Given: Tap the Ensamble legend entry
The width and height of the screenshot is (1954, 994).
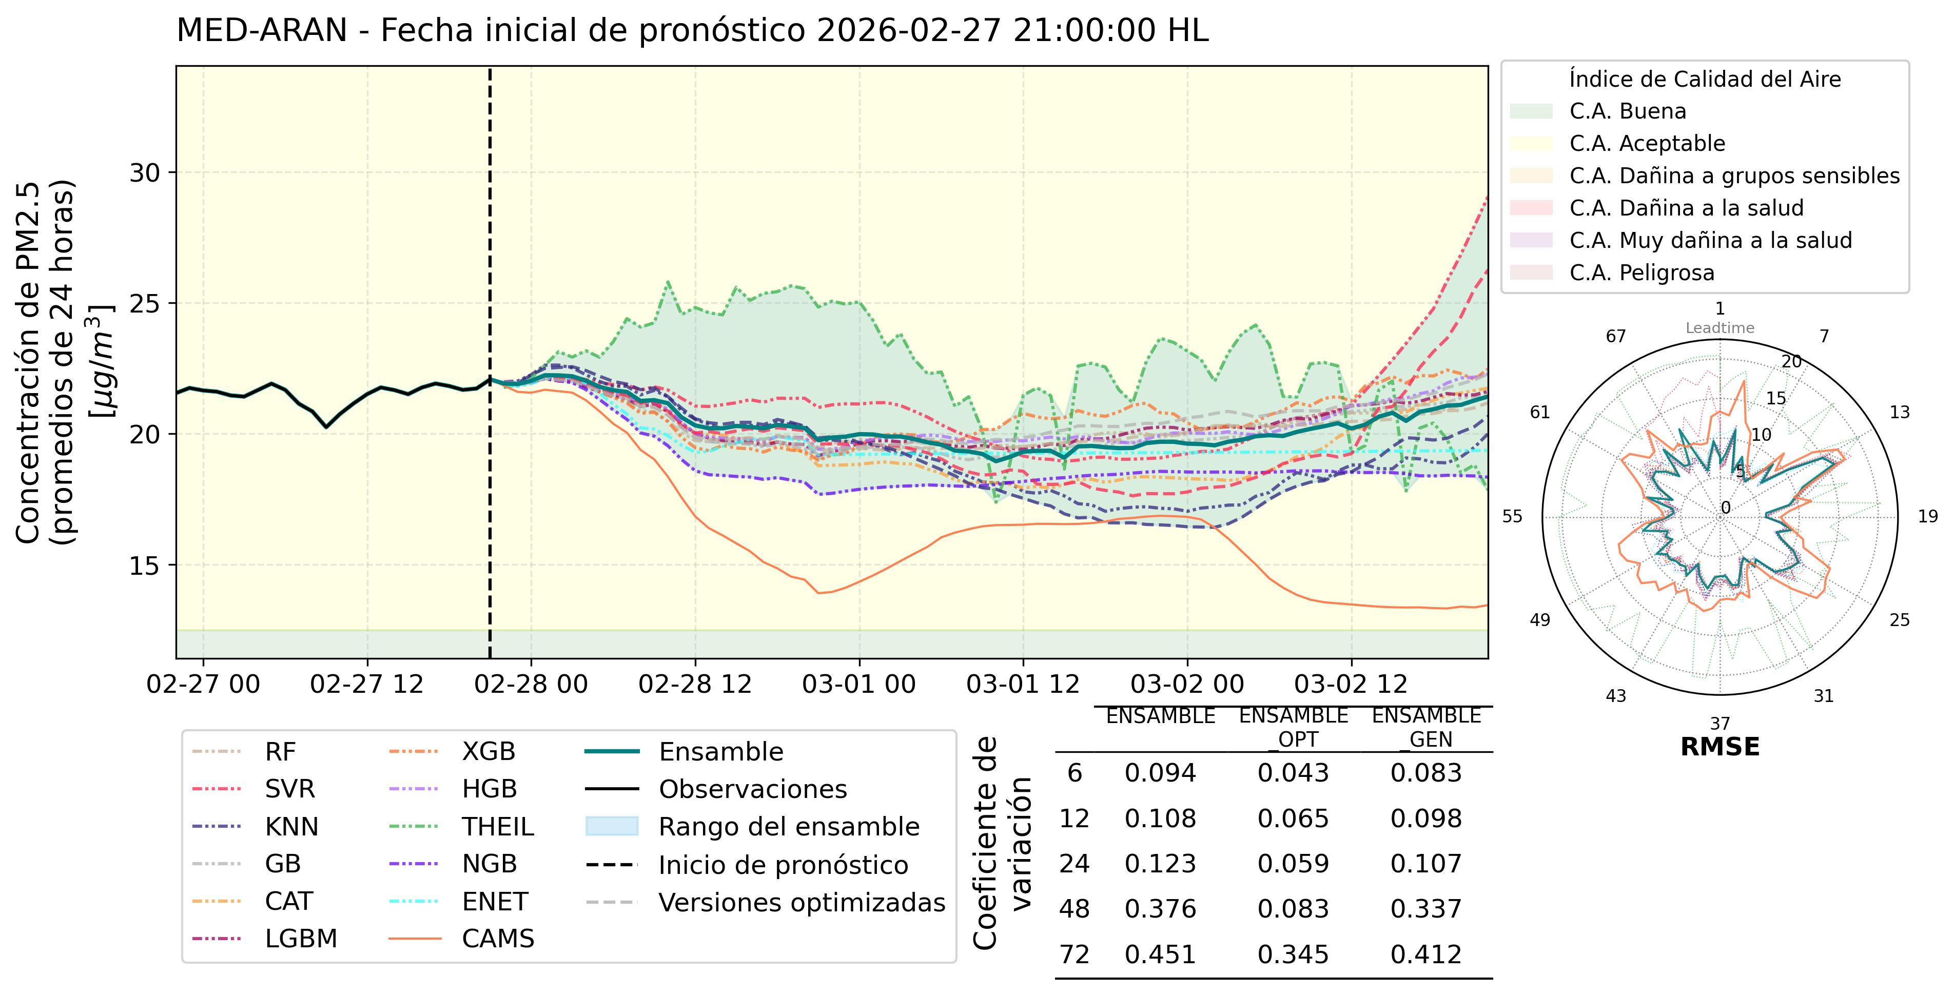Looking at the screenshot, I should pos(720,752).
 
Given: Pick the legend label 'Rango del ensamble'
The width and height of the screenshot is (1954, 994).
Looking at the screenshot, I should pos(788,826).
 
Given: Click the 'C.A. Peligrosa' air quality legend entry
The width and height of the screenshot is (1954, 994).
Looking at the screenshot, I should pos(1642,272).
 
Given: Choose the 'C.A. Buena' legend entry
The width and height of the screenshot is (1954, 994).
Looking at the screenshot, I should pos(1628,111).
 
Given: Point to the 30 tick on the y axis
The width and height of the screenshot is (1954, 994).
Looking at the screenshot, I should pos(145,173).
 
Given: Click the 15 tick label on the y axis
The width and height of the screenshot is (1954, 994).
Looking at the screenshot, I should pos(145,566).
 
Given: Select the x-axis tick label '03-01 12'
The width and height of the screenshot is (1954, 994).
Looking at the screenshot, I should pos(1023,685).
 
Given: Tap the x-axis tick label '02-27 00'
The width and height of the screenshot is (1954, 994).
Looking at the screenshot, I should pos(203,685).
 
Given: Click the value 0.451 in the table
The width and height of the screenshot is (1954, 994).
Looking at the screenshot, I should pos(1160,954).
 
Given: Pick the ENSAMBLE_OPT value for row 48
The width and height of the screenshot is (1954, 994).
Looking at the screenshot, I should pos(1293,908).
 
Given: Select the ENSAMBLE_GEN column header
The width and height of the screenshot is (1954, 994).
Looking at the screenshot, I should pos(1426,727).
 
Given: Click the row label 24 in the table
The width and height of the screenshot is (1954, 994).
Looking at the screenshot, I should pos(1074,864).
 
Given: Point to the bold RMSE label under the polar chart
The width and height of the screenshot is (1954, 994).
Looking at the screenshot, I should pos(1719,747).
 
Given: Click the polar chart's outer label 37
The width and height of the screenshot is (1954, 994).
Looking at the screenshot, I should pos(1719,723).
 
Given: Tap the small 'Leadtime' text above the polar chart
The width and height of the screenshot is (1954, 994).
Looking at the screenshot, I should pos(1719,328).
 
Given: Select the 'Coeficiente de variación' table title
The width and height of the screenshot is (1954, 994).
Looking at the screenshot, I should pos(1001,842).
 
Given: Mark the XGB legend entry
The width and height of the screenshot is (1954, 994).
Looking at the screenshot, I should pos(488,752).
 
